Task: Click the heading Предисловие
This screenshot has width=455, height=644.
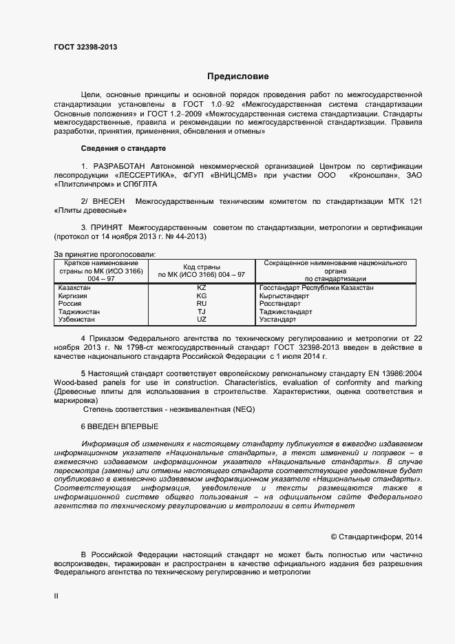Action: pyautogui.click(x=238, y=76)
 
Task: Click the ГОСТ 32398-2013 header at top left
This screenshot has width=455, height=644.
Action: pyautogui.click(x=85, y=47)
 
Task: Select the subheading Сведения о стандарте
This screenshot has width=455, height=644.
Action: pyautogui.click(x=123, y=148)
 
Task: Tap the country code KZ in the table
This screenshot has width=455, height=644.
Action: pyautogui.click(x=201, y=287)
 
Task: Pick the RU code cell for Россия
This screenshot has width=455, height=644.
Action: pyautogui.click(x=201, y=304)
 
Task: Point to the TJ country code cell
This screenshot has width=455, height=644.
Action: pyautogui.click(x=201, y=312)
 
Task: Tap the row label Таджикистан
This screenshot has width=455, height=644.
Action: pyautogui.click(x=78, y=312)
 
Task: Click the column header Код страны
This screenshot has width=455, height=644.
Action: pyautogui.click(x=201, y=267)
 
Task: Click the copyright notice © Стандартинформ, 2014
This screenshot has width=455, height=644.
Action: pyautogui.click(x=377, y=536)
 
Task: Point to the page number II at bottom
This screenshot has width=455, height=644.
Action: pyautogui.click(x=56, y=597)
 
